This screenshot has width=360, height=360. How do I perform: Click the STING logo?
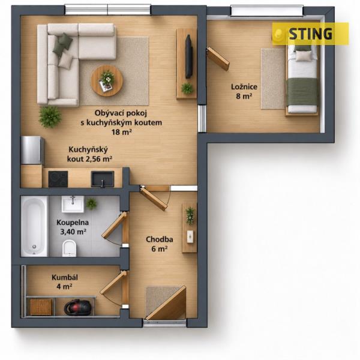click(310, 34)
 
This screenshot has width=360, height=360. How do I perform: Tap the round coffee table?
click(107, 80)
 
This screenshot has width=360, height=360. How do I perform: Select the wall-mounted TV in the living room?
click(189, 56)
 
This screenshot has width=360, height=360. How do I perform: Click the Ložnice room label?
click(244, 91)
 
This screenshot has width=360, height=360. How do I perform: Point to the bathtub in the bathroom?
click(34, 226)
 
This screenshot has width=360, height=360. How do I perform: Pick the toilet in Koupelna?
click(69, 248)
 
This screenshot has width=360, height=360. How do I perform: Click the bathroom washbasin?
click(73, 204)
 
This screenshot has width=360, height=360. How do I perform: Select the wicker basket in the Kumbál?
click(41, 307)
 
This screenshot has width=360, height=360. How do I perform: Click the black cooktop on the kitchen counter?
click(58, 179)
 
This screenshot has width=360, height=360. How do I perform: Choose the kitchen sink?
click(103, 179)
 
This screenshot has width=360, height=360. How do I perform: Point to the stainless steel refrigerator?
click(32, 150)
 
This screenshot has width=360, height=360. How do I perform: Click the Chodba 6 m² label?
click(160, 244)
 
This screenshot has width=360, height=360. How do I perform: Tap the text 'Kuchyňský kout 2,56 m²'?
click(89, 154)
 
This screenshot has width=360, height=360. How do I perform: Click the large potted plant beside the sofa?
click(50, 117)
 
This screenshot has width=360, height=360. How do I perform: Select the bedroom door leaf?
click(218, 59)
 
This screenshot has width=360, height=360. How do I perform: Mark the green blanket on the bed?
click(302, 91)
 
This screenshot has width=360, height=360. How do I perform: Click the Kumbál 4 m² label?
click(65, 282)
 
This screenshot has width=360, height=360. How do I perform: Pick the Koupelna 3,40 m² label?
click(73, 227)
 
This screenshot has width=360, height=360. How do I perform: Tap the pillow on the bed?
click(304, 56)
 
